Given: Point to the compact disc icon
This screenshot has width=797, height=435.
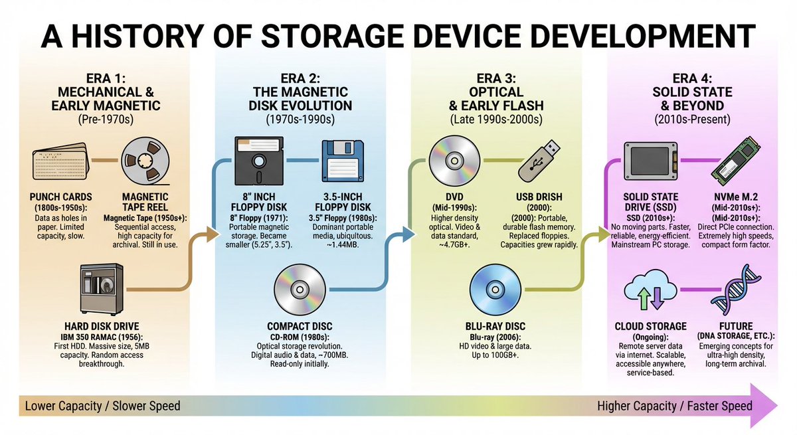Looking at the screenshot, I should [300, 288].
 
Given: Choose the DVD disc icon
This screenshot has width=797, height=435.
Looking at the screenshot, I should [454, 161].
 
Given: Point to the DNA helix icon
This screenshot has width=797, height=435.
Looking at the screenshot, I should [736, 293].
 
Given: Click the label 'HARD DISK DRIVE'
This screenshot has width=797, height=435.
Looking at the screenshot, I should [102, 326].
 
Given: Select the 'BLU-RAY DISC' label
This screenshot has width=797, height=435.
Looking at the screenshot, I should [495, 326].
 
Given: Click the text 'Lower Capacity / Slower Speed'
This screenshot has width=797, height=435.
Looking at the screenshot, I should [103, 405].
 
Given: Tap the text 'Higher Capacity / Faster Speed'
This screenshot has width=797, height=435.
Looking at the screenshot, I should [675, 405].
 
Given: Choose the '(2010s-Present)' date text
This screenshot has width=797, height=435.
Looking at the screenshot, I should [693, 120].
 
